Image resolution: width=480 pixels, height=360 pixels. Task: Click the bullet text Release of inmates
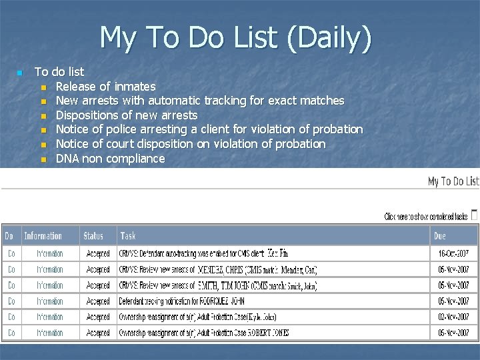pyautogui.click(x=105, y=86)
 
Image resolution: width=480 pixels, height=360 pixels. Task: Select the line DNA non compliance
pyautogui.click(x=110, y=158)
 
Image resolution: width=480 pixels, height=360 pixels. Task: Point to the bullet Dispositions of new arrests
pyautogui.click(x=127, y=115)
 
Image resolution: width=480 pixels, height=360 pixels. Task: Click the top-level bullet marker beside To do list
pyautogui.click(x=20, y=72)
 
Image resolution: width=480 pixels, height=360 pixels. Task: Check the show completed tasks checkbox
pyautogui.click(x=474, y=215)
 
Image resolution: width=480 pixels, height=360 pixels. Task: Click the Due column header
pyautogui.click(x=439, y=235)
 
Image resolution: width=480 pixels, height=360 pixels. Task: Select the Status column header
pyautogui.click(x=93, y=235)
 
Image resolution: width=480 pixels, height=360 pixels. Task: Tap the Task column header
pyautogui.click(x=128, y=235)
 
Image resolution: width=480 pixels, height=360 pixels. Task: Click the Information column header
pyautogui.click(x=43, y=235)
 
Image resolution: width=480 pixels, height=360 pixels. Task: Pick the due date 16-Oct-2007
pyautogui.click(x=453, y=253)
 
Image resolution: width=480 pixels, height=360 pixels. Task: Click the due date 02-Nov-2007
pyautogui.click(x=453, y=317)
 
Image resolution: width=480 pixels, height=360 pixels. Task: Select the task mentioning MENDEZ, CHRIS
pyautogui.click(x=217, y=269)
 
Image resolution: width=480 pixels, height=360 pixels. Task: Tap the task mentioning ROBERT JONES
pyautogui.click(x=204, y=333)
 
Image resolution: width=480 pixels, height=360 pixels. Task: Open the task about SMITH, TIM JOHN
pyautogui.click(x=217, y=285)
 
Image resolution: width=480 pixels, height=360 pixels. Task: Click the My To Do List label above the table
pyautogui.click(x=453, y=181)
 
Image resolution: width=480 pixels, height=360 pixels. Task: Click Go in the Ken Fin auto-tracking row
pyautogui.click(x=11, y=253)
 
